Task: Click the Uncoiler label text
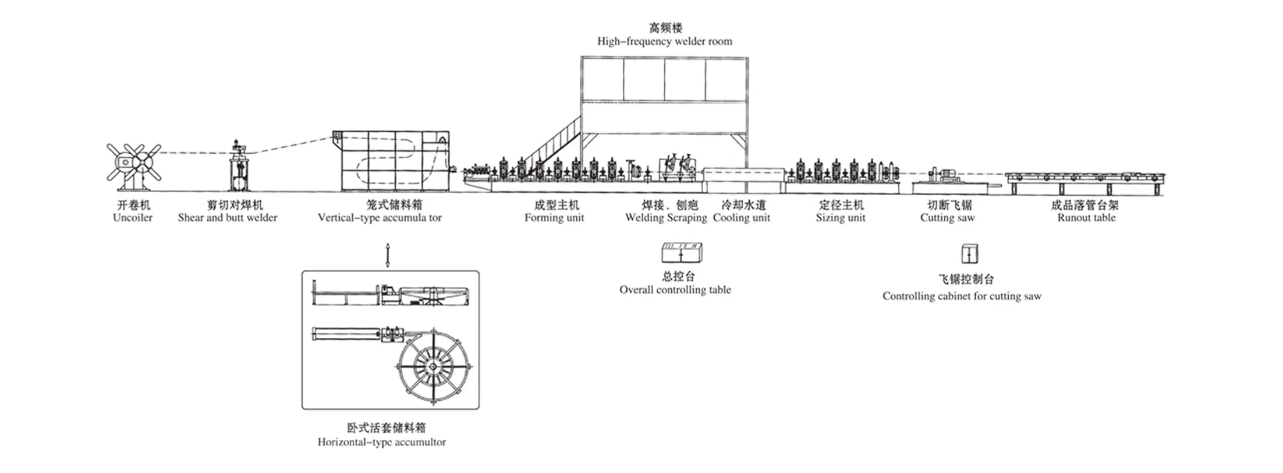pos(133,218)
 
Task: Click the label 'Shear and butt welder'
pos(228,218)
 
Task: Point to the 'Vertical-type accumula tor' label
pos(380,218)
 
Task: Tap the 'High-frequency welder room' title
pos(664,41)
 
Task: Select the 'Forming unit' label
pos(554,218)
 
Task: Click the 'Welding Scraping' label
pos(666,218)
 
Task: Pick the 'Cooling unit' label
pos(742,218)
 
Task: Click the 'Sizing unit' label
pos(841,218)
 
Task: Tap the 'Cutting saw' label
pos(947,218)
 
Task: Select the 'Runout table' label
pos(1086,218)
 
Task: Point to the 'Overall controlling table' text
pos(675,290)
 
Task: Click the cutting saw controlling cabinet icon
pos(969,254)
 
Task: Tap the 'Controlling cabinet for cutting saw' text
pos(962,296)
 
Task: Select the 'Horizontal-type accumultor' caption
pos(382,442)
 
